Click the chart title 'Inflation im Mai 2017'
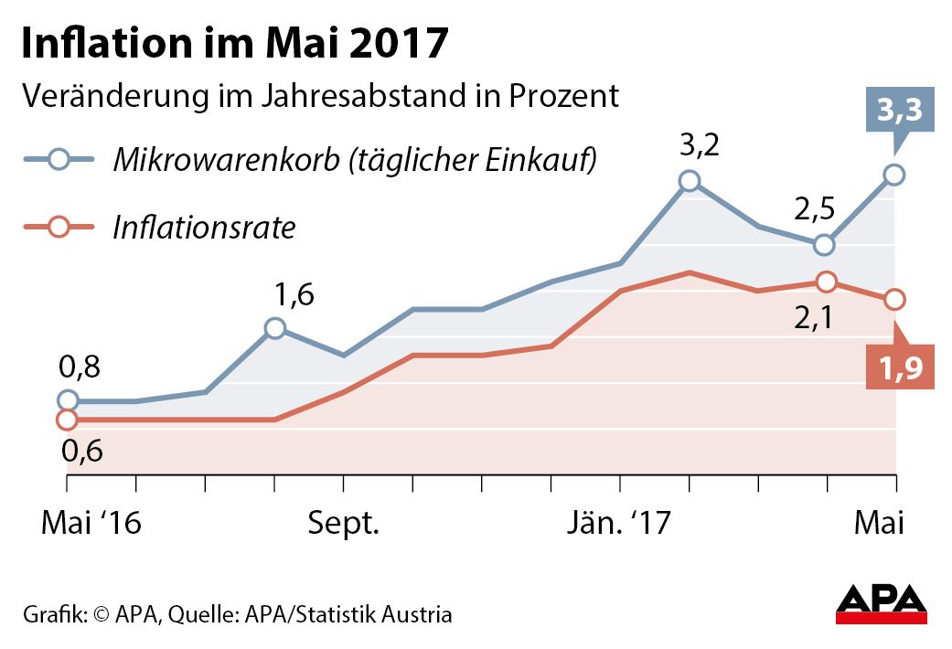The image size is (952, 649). tap(235, 43)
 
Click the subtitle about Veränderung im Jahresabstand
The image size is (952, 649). tap(321, 96)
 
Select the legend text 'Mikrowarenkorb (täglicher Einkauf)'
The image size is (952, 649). tap(355, 161)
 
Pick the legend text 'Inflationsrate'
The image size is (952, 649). tap(203, 228)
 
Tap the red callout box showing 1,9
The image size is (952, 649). tap(901, 369)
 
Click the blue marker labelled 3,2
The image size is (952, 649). tap(690, 181)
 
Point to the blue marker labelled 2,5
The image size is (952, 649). tap(825, 245)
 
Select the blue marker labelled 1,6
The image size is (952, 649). tap(274, 328)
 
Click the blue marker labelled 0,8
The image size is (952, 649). tap(67, 400)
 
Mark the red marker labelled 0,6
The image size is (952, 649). tap(67, 420)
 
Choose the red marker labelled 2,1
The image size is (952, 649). tap(826, 282)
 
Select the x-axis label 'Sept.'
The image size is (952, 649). tap(343, 524)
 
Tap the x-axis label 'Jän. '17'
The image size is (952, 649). tap(618, 524)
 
